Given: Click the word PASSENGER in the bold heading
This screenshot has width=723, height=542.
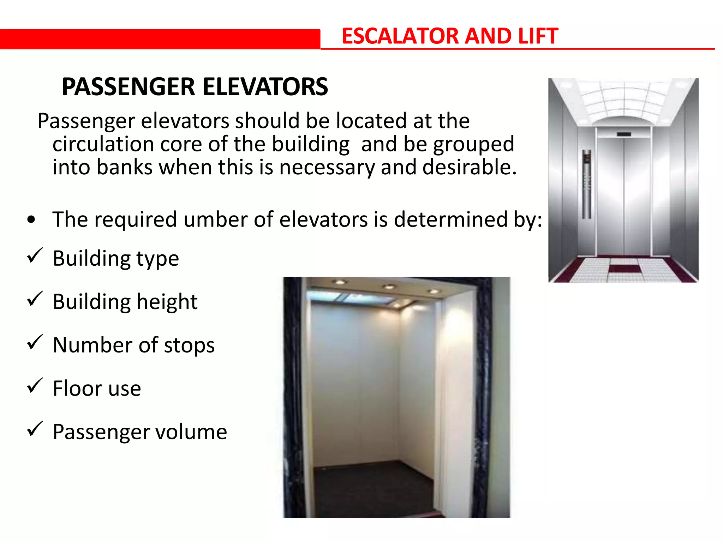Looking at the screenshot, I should (128, 87).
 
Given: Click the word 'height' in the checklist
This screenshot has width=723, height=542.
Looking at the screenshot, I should (167, 302).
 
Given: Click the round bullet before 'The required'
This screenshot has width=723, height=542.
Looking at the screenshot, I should (31, 220).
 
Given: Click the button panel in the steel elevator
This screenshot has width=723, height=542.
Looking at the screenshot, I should (587, 183).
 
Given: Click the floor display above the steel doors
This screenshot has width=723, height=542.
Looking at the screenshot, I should (624, 134).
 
